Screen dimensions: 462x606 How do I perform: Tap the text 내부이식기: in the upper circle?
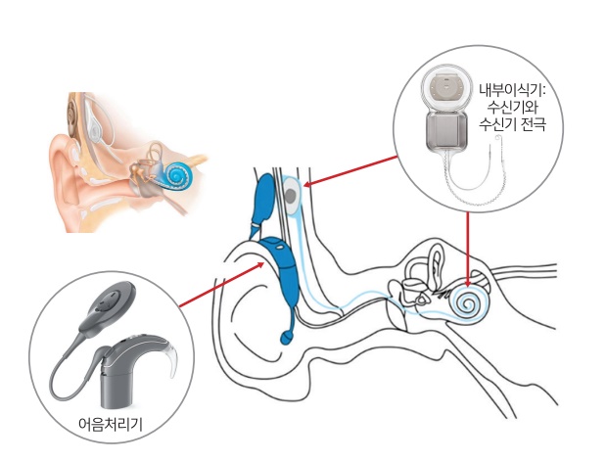(516, 93)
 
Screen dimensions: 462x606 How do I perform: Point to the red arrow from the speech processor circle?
(223, 285)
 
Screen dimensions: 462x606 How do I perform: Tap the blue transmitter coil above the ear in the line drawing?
(266, 202)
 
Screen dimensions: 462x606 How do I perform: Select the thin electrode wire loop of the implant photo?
(480, 181)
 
